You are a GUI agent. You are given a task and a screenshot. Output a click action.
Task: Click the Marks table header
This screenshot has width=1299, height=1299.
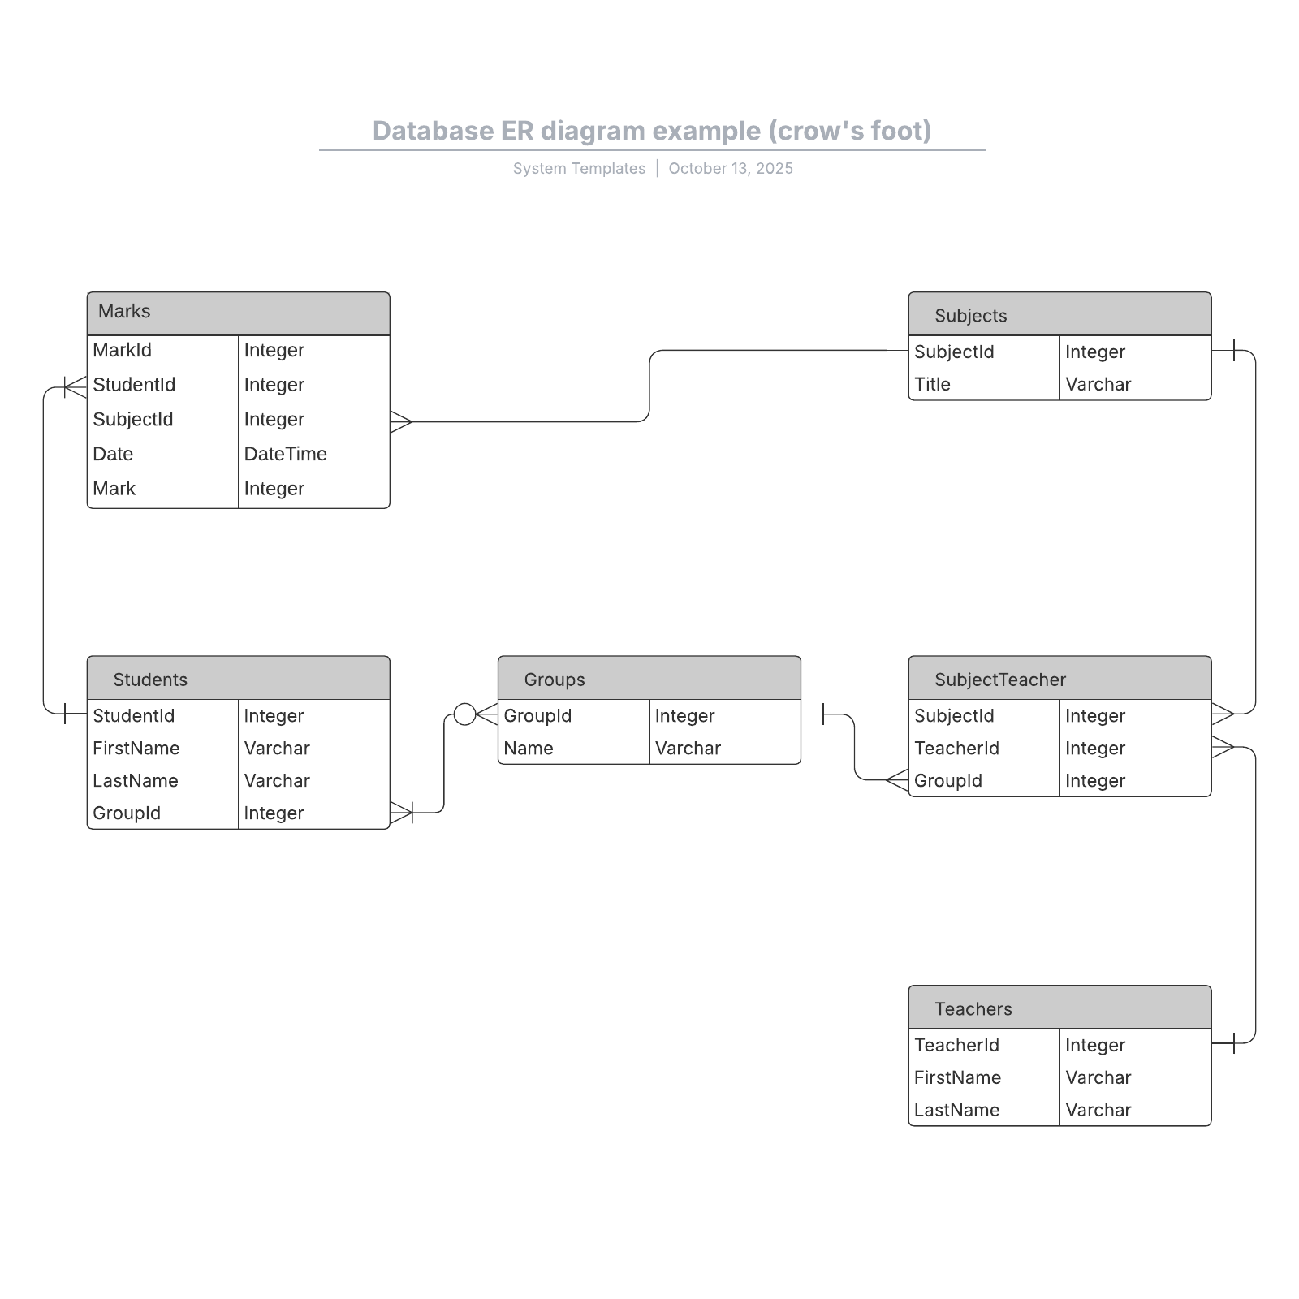coord(124,312)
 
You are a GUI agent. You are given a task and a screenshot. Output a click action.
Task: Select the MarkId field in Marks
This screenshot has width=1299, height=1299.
coord(123,351)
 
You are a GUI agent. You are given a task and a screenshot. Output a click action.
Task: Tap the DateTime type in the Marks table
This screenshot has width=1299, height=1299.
coord(285,454)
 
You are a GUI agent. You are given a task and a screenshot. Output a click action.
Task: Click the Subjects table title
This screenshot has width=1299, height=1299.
coord(970,316)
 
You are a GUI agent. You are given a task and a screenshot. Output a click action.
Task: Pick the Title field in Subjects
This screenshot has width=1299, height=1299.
coord(932,385)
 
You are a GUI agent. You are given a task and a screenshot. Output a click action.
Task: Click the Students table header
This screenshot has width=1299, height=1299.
coord(150,680)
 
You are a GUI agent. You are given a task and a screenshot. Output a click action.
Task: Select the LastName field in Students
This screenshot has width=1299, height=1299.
coord(136,781)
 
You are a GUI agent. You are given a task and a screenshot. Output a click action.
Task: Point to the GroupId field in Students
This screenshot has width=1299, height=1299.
coord(127,813)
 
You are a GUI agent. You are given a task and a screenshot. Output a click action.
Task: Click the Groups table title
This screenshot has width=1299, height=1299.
coord(555,680)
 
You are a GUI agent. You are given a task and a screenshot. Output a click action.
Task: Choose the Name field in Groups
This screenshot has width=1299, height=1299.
coord(529,749)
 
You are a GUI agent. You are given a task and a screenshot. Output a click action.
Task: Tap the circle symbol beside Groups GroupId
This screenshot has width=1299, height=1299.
coord(464,714)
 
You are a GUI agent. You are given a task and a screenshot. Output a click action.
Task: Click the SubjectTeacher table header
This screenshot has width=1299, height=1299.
coord(1000,680)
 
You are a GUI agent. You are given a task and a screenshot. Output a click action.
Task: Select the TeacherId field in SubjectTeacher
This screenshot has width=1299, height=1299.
coord(956,749)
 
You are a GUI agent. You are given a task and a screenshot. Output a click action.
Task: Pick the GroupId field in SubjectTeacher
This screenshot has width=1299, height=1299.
coord(948,781)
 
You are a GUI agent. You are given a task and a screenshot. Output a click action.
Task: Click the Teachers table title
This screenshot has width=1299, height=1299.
coord(973,1009)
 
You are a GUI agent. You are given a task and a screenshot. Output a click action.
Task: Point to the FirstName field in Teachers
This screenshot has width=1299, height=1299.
coord(957,1078)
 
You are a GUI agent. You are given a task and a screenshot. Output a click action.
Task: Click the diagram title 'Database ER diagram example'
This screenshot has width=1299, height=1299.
coord(652,132)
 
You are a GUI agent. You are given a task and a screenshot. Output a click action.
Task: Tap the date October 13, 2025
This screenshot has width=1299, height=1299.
coord(731,169)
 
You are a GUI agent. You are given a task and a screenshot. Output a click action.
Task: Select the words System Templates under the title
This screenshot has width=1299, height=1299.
coord(579,169)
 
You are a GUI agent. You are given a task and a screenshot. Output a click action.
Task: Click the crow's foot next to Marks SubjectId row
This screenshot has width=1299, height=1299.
coord(401,422)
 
